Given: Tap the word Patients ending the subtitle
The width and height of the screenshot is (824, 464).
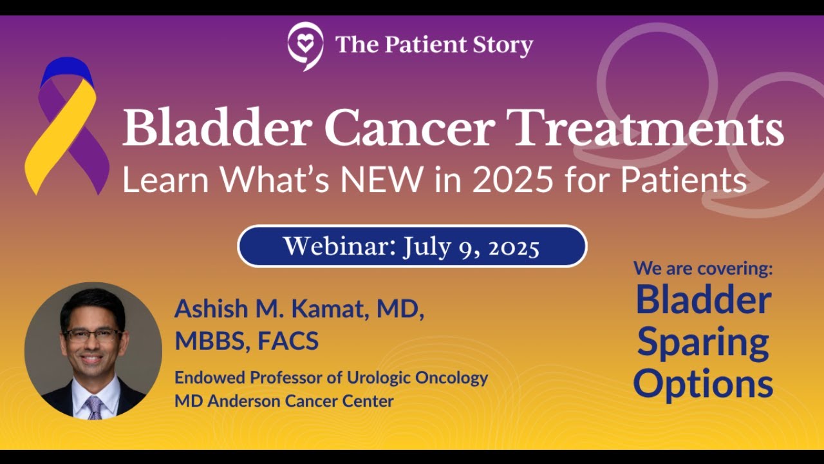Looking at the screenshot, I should [x=683, y=180].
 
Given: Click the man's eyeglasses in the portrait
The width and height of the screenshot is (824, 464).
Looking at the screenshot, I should [x=92, y=334].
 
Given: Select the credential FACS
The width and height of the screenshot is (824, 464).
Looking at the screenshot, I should [x=288, y=341].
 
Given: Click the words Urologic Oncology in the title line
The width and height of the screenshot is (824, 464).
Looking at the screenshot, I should [x=426, y=378].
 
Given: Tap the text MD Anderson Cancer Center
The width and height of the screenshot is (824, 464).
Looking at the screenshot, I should [x=284, y=401].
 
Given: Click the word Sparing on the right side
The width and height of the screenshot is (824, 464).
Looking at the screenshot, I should [x=703, y=343].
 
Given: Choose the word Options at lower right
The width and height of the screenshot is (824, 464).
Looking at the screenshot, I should [x=703, y=383].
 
